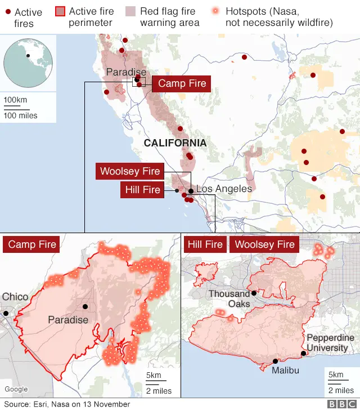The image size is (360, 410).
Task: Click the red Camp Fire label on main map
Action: coord(182,84)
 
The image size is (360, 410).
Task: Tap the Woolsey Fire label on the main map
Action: coord(130,171)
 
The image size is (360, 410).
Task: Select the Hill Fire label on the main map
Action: coord(143,190)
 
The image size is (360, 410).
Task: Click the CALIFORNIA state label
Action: coord(175,143)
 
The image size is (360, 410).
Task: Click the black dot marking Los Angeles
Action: coord(191,191)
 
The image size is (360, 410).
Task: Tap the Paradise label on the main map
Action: coord(126,72)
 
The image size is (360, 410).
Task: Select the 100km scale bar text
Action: coord(16,100)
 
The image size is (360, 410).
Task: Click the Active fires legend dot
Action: coord(7,12)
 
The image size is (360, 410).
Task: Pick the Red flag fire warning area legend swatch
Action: coord(131,11)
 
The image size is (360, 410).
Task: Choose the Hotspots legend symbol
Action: coord(215,11)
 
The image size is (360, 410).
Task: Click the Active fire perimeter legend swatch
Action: coord(60,11)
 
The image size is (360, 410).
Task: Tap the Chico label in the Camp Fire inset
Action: coord(15,297)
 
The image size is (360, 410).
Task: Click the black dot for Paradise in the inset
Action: coord(85,306)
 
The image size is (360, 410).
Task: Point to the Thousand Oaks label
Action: coord(229,298)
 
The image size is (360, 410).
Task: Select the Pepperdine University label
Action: coord(330,342)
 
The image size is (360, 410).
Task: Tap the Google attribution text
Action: coord(16,389)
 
